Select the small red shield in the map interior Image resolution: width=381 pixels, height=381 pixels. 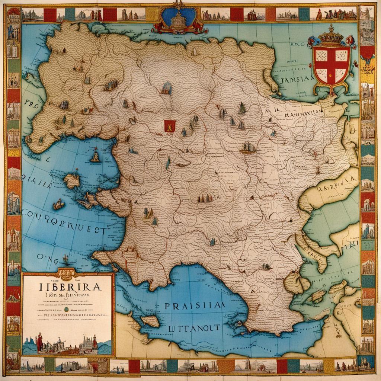point(169,126)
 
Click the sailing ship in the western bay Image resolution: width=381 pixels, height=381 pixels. point(95,155)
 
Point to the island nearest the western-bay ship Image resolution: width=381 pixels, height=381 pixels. point(72,181)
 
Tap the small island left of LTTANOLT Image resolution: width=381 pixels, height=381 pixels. point(150,321)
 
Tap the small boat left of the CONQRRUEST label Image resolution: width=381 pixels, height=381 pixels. point(58,204)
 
